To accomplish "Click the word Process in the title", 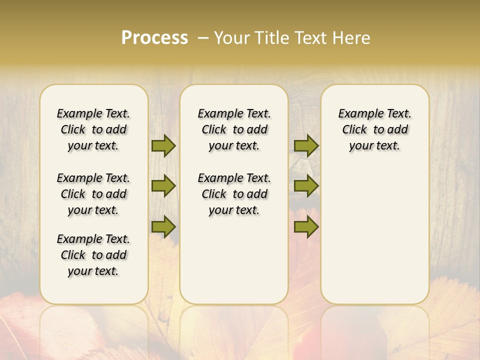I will (154, 38).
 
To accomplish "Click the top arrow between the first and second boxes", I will (163, 145).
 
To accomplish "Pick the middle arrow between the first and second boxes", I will (163, 186).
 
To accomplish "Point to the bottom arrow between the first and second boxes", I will (163, 227).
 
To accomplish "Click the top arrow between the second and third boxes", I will (306, 145).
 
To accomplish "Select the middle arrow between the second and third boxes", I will (306, 186).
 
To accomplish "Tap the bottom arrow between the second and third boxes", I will (306, 227).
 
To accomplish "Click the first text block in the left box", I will (93, 129).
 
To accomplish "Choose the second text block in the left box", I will (93, 194).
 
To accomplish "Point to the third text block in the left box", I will (93, 255).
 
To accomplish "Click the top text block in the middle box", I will (234, 129).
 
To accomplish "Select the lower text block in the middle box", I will (234, 194).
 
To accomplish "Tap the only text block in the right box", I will (375, 129).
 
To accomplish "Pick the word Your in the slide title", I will (229, 38).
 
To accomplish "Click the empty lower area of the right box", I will (375, 235).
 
